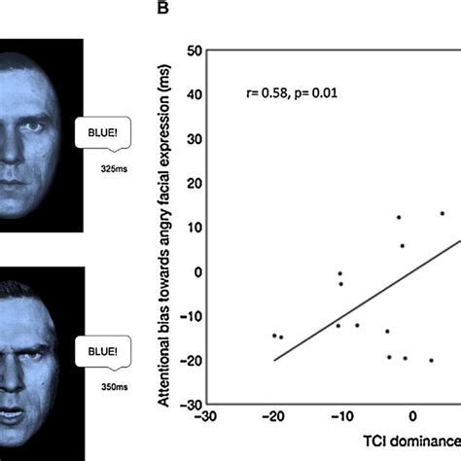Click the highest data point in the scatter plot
coord(442,213)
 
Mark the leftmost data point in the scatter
coord(274,336)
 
